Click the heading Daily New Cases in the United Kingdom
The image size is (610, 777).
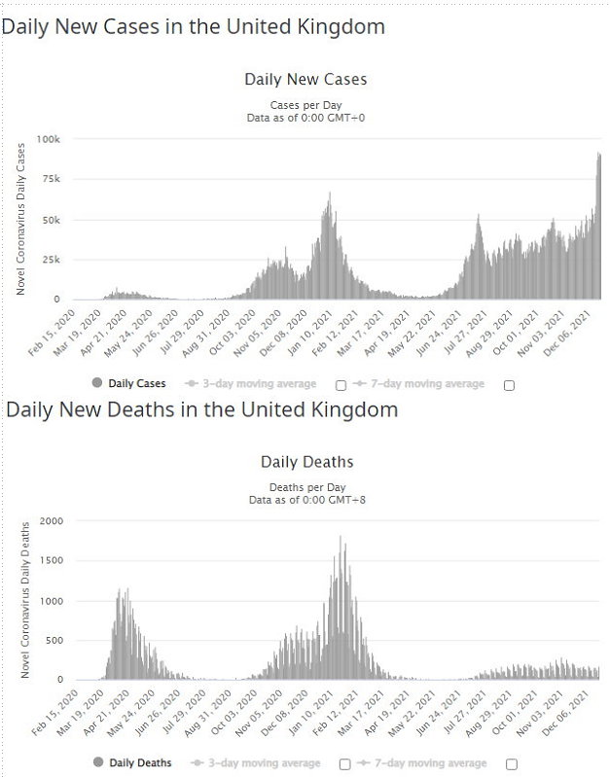click(x=193, y=27)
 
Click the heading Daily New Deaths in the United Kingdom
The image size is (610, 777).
click(x=201, y=409)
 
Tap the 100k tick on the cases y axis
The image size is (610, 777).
click(x=49, y=140)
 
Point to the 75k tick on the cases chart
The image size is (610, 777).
click(x=51, y=180)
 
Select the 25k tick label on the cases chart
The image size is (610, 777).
click(x=51, y=260)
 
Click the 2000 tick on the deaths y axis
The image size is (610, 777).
click(x=51, y=522)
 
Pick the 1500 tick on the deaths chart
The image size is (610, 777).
click(x=51, y=562)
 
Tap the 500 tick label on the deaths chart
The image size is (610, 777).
click(x=54, y=641)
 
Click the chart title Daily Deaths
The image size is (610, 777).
click(x=305, y=461)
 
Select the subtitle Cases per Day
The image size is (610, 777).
click(x=305, y=105)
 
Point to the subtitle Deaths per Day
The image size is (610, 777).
click(x=305, y=486)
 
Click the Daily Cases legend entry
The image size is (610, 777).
click(x=129, y=384)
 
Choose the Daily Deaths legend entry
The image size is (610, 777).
click(x=129, y=763)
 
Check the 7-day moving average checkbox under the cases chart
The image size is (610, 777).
click(x=509, y=385)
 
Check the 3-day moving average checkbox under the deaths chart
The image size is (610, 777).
click(x=341, y=764)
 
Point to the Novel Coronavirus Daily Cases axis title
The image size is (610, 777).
click(x=20, y=219)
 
